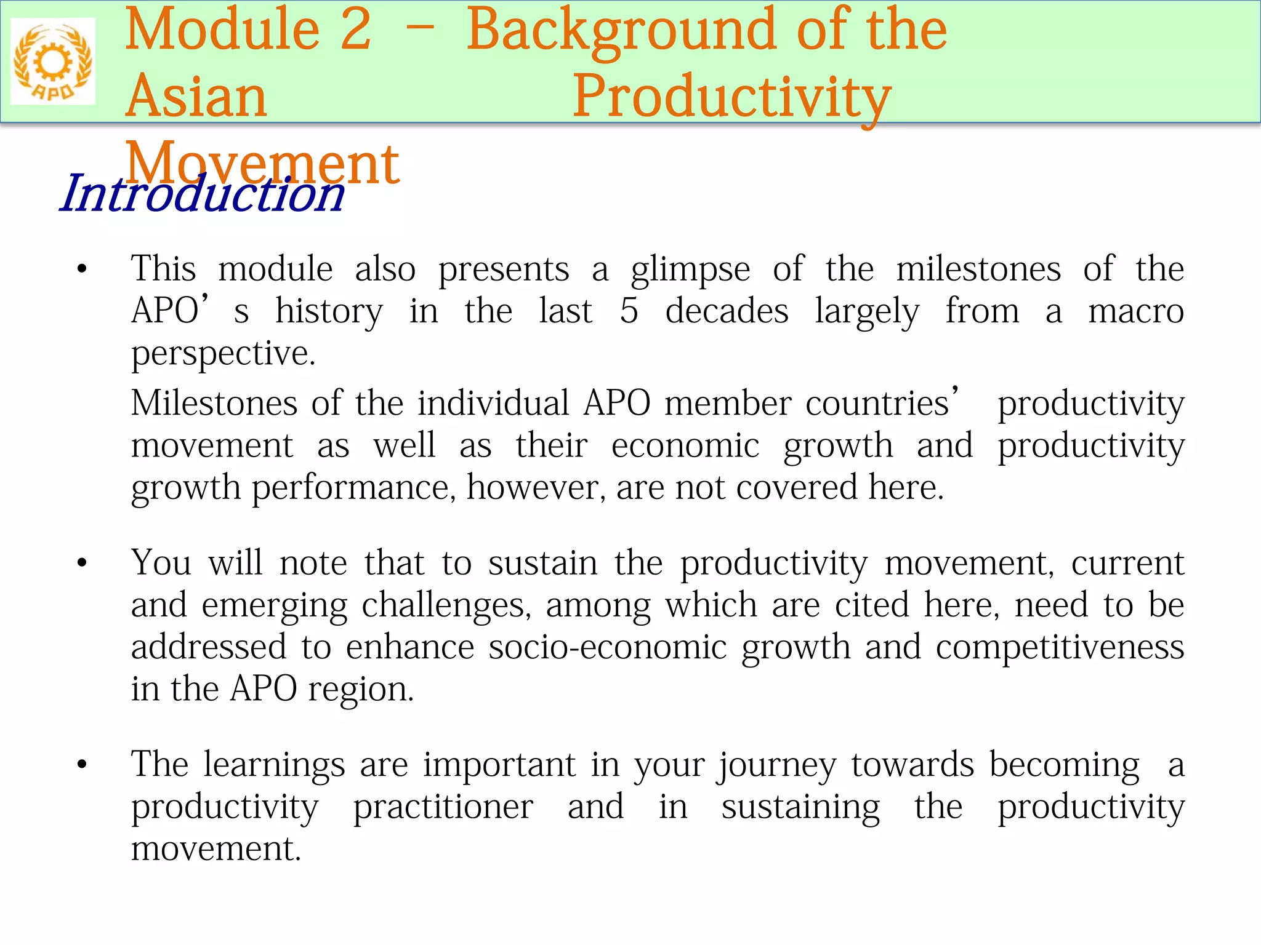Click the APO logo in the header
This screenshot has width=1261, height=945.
pyautogui.click(x=53, y=62)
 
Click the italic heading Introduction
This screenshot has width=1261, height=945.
pyautogui.click(x=202, y=194)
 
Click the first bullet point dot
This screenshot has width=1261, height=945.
pyautogui.click(x=82, y=269)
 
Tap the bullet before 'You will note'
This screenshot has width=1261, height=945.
pyautogui.click(x=82, y=564)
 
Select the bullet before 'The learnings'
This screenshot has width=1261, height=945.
pyautogui.click(x=82, y=765)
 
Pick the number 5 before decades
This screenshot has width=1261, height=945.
pyautogui.click(x=629, y=311)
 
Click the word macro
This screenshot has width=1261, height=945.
pyautogui.click(x=1135, y=311)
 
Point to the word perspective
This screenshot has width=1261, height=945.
pyautogui.click(x=223, y=354)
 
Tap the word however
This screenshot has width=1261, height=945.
pyautogui.click(x=536, y=488)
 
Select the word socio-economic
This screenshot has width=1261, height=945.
pyautogui.click(x=608, y=647)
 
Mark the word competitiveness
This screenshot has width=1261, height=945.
pyautogui.click(x=1060, y=647)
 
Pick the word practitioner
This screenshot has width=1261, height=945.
pyautogui.click(x=443, y=807)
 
